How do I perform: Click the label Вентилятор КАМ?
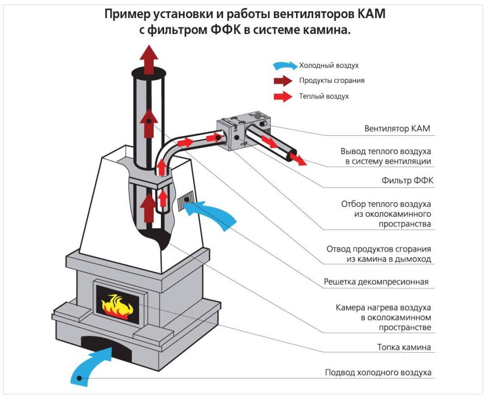(x=397, y=129)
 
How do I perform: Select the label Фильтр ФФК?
(x=406, y=181)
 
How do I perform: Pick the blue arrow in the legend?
(x=285, y=66)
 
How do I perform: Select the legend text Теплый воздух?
(x=324, y=96)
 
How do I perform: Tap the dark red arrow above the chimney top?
(x=149, y=59)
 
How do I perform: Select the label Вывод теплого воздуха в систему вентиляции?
(x=385, y=156)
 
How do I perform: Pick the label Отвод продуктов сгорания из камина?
(x=378, y=254)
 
